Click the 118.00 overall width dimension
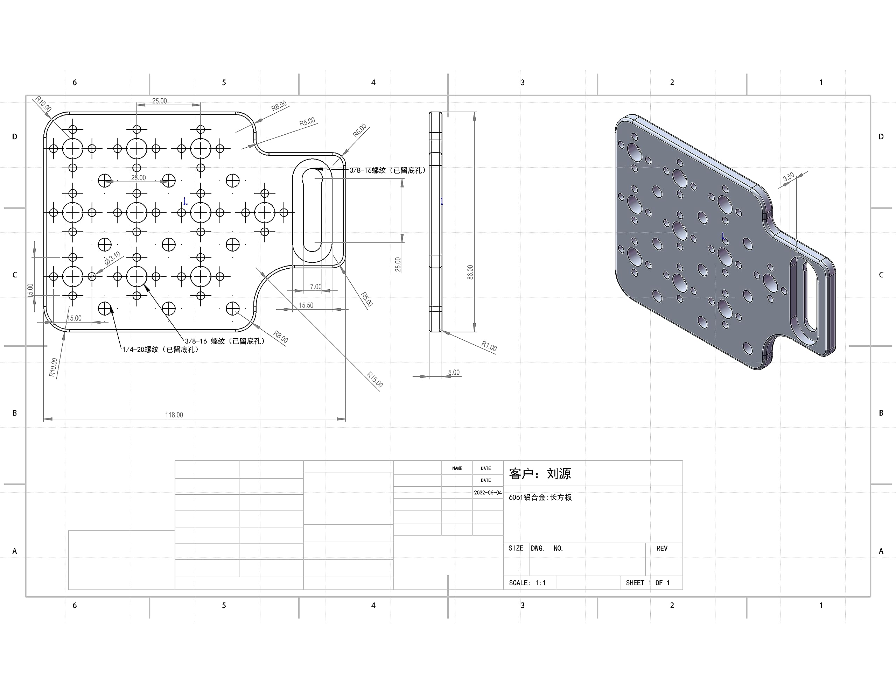[x=174, y=415]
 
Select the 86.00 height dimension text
[x=470, y=272]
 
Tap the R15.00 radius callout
[x=374, y=380]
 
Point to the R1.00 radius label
[x=489, y=346]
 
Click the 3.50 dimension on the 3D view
[x=789, y=177]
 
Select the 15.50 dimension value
[x=306, y=305]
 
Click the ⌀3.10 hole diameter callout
[x=112, y=258]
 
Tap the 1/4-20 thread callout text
[x=160, y=349]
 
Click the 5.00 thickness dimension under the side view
[x=454, y=373]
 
